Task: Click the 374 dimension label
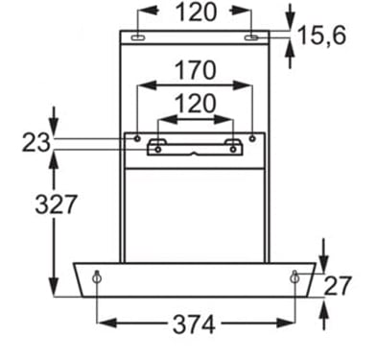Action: [x=194, y=324]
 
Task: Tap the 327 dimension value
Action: [x=56, y=204]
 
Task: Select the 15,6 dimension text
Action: [x=322, y=36]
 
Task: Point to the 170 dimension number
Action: [x=196, y=70]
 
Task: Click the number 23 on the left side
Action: [x=36, y=143]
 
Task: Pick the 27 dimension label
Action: [x=338, y=286]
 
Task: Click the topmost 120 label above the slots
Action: [x=196, y=12]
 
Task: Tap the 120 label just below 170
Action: [x=196, y=104]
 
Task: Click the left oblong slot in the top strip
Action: [x=138, y=38]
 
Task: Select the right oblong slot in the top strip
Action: [x=251, y=38]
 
